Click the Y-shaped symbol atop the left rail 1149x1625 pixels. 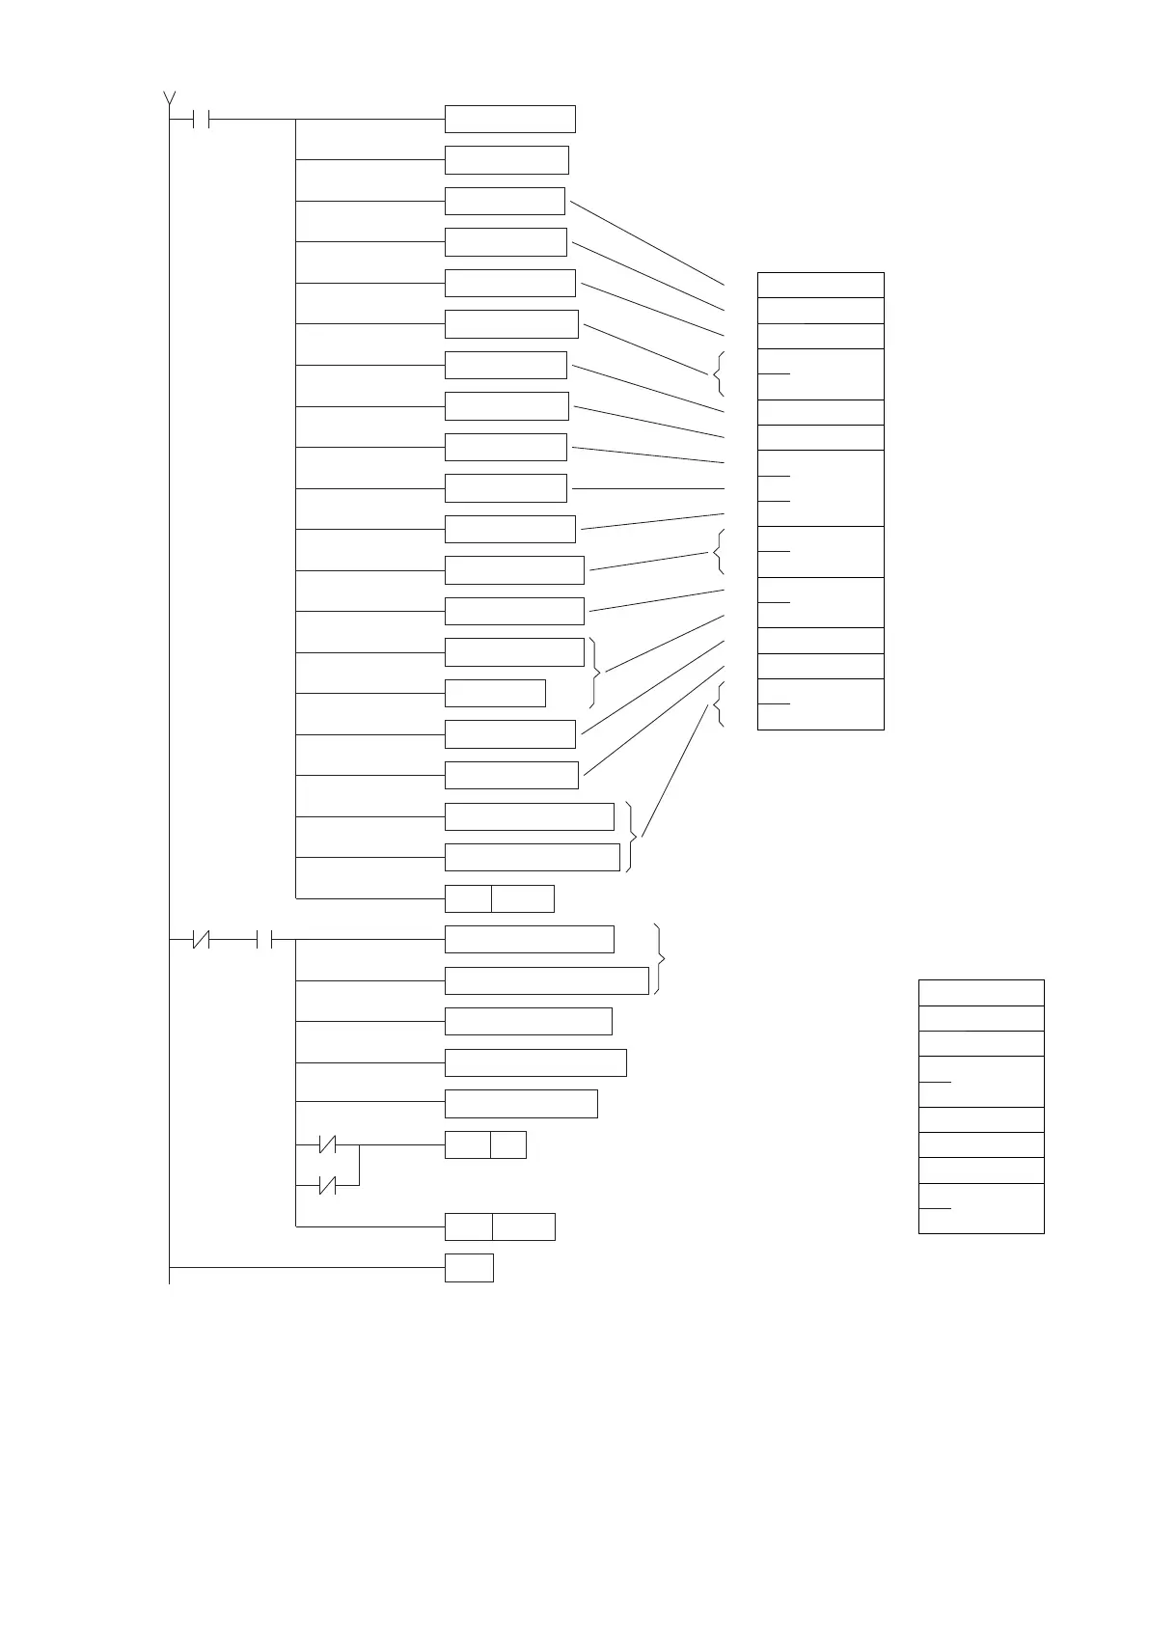(170, 97)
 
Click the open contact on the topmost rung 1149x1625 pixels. (202, 120)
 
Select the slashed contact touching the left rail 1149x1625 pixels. (201, 939)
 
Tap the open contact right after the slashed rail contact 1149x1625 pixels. (266, 939)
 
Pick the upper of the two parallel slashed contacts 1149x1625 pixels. (328, 1145)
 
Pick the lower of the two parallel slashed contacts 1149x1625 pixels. (328, 1186)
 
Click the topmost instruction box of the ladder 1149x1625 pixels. (509, 119)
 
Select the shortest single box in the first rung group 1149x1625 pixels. (495, 693)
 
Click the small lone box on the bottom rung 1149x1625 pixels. (469, 1268)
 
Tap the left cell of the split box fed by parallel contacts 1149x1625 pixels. (468, 1145)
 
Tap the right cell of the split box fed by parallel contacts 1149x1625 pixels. (508, 1145)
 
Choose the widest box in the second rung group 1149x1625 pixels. (546, 980)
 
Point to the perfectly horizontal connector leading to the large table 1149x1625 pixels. (647, 489)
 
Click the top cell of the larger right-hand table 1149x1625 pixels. (820, 285)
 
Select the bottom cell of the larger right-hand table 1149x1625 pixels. (820, 704)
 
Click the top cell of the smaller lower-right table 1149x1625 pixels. (981, 993)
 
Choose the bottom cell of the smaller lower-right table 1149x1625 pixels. (981, 1208)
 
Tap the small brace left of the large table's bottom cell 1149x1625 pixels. (718, 704)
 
